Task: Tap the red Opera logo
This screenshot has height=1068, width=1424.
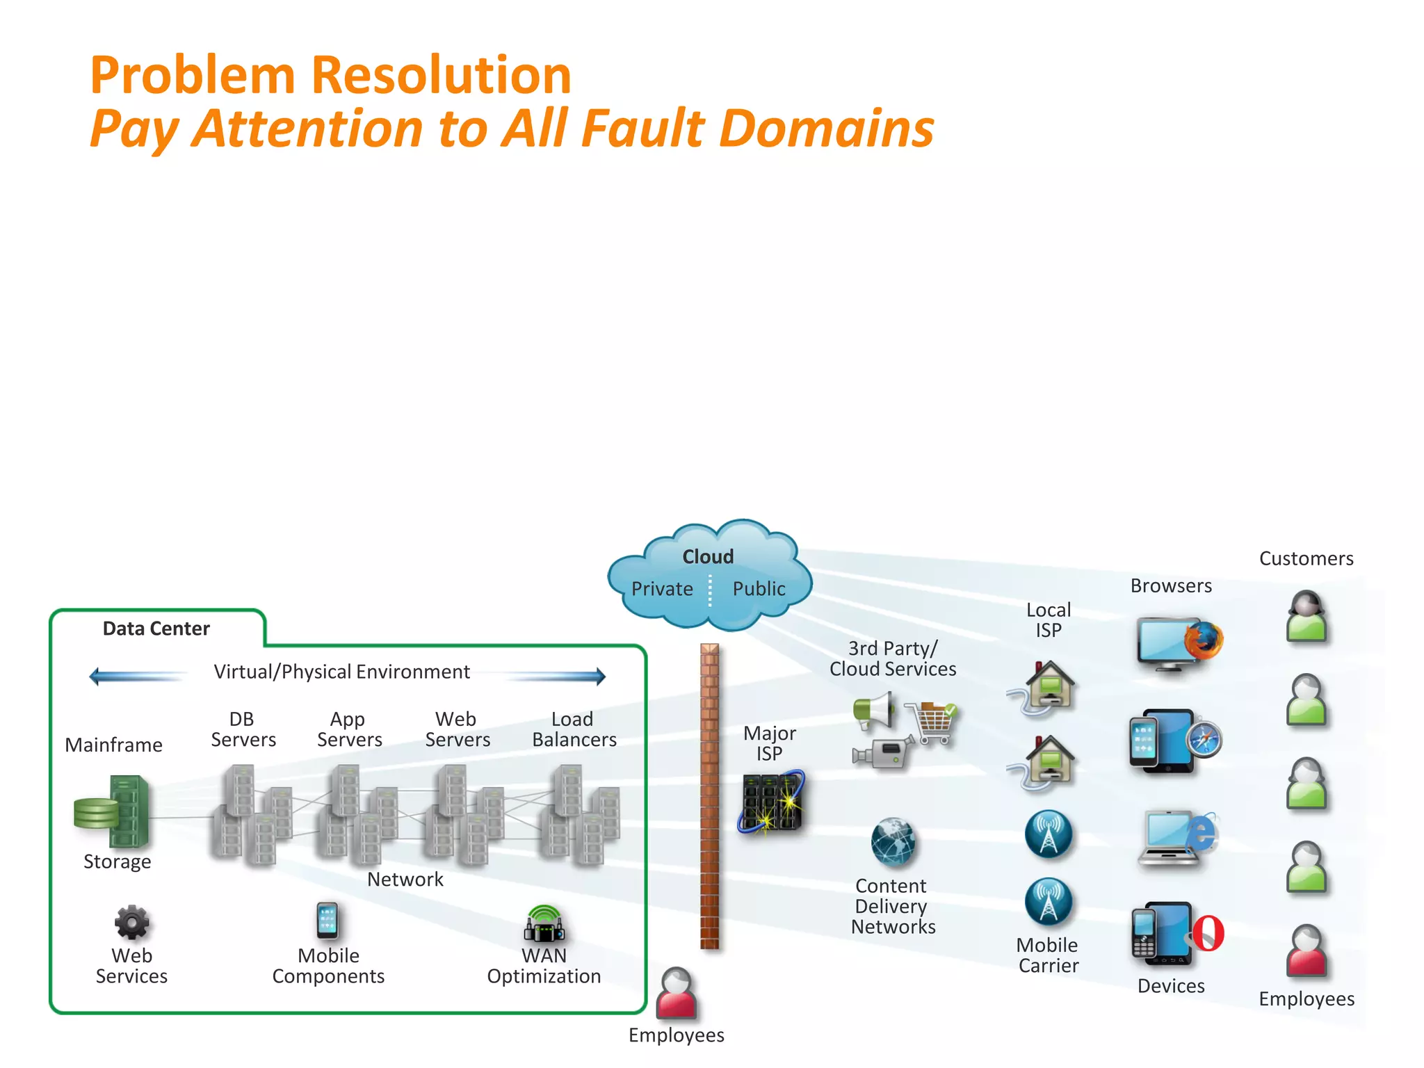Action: [1209, 933]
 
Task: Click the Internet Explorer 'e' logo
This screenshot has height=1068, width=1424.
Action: [1201, 832]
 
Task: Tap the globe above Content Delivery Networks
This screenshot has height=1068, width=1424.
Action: [893, 841]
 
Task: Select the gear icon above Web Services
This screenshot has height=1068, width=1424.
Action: [131, 923]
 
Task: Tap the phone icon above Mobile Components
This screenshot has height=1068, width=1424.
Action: [327, 921]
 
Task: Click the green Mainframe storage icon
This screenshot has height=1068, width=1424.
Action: [115, 811]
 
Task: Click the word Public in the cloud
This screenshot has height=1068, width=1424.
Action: [759, 589]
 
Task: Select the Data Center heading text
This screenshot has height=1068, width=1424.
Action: [156, 629]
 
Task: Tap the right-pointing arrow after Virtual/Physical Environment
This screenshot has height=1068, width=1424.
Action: [556, 675]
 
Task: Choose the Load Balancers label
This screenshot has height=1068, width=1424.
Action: [574, 729]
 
